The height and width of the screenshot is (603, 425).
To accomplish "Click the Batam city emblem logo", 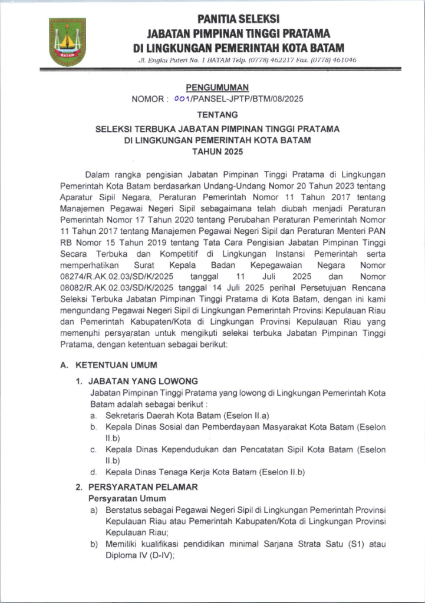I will click(67, 42).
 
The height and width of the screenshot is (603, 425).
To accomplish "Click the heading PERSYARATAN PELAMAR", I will click(143, 488).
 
